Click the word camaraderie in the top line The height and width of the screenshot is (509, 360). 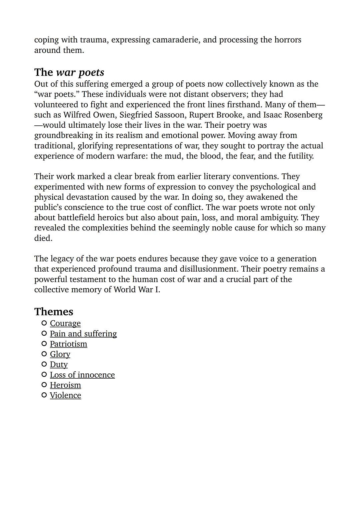coord(176,40)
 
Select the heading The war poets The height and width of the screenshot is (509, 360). coord(69,72)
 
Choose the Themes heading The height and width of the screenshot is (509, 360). coord(54,312)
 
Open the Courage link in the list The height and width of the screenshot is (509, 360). coord(65,323)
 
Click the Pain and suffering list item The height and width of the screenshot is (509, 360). coord(83,334)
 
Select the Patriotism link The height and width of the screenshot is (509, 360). coord(68,344)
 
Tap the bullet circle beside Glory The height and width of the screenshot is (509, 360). coord(44,354)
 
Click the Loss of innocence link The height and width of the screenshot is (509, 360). coord(82,375)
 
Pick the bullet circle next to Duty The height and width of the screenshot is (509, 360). coord(44,364)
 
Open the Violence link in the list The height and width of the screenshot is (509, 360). coord(65,395)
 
